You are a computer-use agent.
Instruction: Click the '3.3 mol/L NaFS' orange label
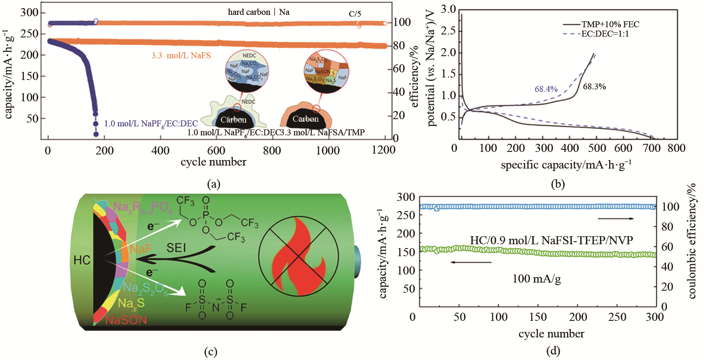pyautogui.click(x=181, y=55)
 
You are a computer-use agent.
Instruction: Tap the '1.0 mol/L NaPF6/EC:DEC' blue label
pyautogui.click(x=151, y=123)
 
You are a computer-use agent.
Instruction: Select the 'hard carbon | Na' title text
pyautogui.click(x=258, y=12)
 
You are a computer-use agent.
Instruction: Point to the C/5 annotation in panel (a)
pyautogui.click(x=355, y=14)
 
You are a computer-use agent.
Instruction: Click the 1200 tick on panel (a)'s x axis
pyautogui.click(x=383, y=150)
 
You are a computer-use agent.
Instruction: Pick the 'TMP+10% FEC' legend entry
pyautogui.click(x=610, y=24)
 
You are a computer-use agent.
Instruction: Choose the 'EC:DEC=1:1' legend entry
pyautogui.click(x=605, y=34)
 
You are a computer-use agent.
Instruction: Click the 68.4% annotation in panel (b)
pyautogui.click(x=546, y=89)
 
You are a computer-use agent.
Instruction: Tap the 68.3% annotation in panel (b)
pyautogui.click(x=594, y=86)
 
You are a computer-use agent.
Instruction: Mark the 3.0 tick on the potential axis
pyautogui.click(x=448, y=9)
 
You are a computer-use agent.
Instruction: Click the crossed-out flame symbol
pyautogui.click(x=298, y=255)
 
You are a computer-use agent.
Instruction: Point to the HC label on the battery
pyautogui.click(x=82, y=260)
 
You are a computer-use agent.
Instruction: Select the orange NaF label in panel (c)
pyautogui.click(x=141, y=249)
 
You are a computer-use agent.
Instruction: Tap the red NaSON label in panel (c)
pyautogui.click(x=126, y=320)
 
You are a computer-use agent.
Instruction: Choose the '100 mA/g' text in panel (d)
pyautogui.click(x=536, y=279)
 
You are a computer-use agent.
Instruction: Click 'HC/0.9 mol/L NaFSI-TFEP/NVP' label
pyautogui.click(x=551, y=240)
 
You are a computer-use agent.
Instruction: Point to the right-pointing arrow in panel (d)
pyautogui.click(x=615, y=219)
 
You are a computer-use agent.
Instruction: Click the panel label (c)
pyautogui.click(x=211, y=351)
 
